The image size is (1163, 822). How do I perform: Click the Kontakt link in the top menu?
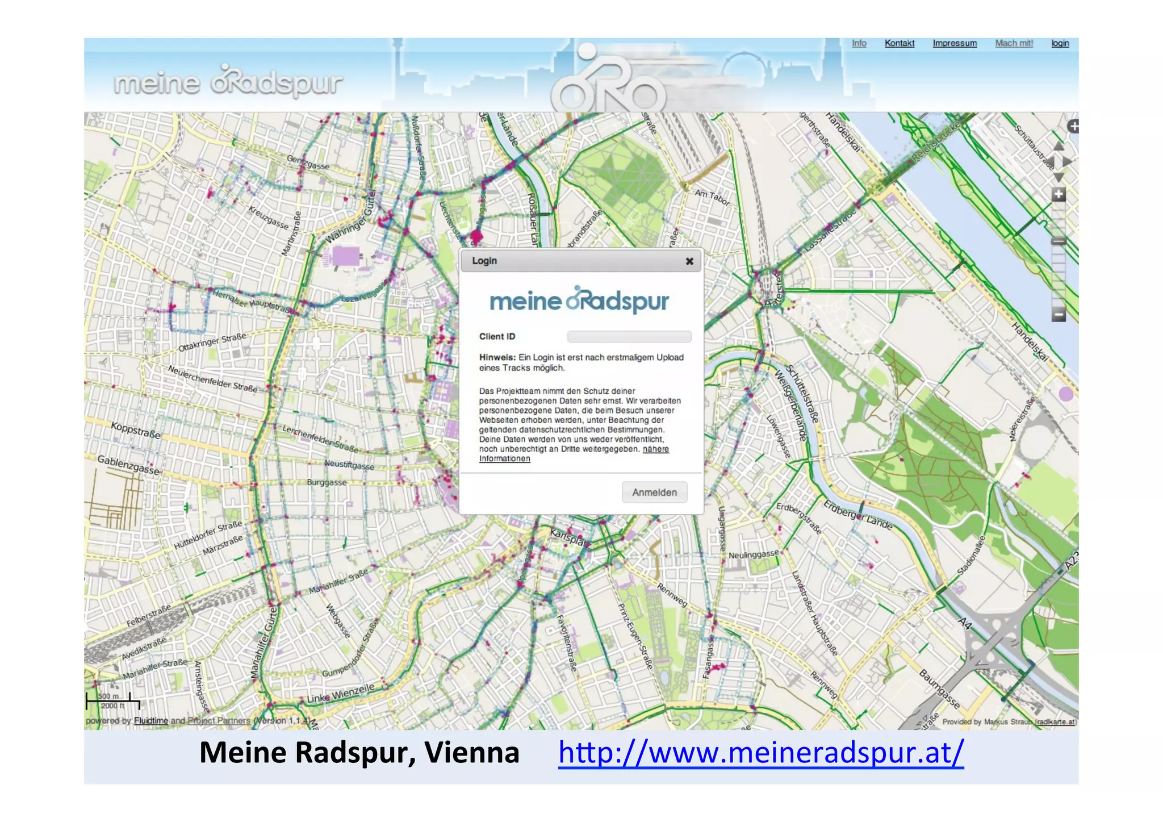(899, 43)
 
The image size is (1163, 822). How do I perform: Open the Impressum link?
(955, 43)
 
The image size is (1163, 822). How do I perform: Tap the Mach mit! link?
(1014, 43)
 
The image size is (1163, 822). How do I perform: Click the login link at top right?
(1060, 43)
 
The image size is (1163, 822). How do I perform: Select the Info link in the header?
(859, 43)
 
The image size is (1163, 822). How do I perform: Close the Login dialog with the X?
(689, 261)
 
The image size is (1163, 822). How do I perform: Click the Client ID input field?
(629, 337)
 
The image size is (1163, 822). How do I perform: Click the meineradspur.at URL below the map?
(760, 752)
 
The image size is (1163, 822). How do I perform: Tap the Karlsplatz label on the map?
(568, 537)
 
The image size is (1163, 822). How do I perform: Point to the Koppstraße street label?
(136, 430)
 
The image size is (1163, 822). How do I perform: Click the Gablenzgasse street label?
(128, 465)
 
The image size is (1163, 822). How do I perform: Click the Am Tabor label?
(712, 197)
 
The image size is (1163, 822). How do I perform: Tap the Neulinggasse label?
(754, 554)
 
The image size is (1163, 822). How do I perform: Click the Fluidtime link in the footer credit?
(151, 721)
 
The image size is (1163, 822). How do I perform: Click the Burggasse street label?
(327, 482)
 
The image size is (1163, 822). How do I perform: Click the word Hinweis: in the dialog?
(497, 357)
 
